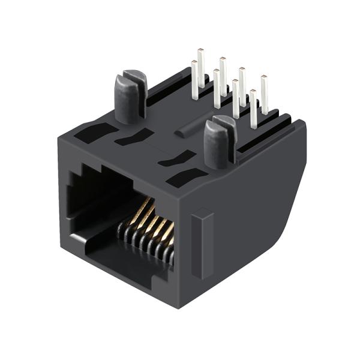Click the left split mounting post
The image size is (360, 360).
point(130,99)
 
